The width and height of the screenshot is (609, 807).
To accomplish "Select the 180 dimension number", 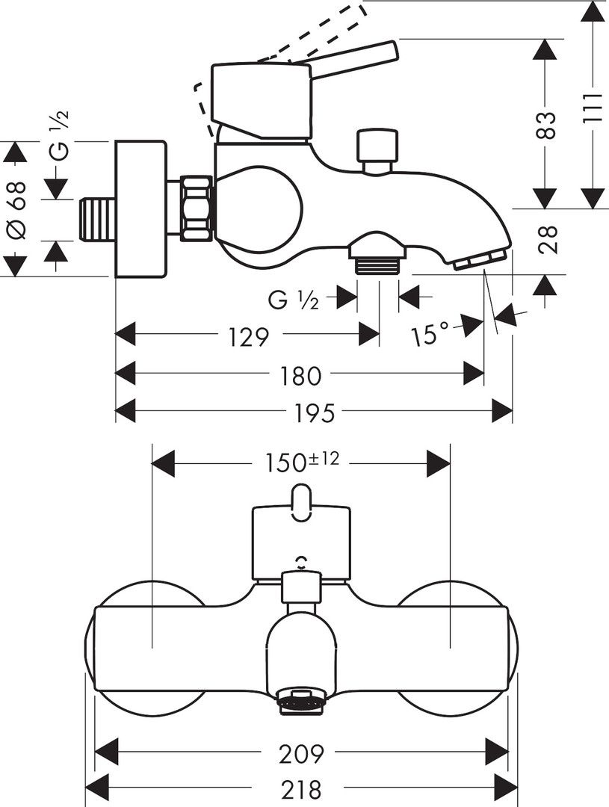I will [x=300, y=375].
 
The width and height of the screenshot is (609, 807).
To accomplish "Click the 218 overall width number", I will [x=302, y=788].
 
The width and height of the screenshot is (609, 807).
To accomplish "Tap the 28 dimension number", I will [x=548, y=241].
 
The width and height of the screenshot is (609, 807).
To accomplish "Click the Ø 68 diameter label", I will [x=16, y=210].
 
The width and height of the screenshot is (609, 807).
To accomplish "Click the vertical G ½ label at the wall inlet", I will [x=60, y=134].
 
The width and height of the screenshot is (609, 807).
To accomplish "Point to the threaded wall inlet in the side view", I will [x=97, y=220].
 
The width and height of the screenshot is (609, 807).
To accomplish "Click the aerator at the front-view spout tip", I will [x=302, y=702].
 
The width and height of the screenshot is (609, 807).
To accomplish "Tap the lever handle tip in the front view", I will [x=302, y=502].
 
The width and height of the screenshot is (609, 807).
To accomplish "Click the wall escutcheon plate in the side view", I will [x=140, y=208].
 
